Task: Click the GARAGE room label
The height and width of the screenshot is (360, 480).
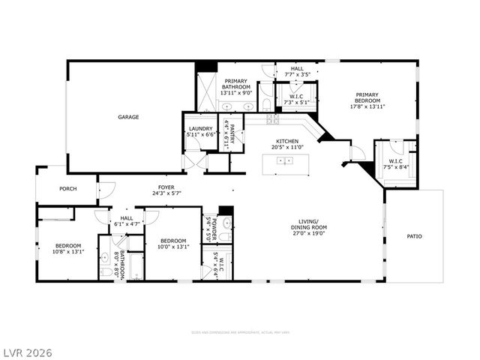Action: click(127, 117)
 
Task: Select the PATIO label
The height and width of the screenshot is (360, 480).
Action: click(414, 236)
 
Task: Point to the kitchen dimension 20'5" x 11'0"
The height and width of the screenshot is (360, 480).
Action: click(288, 148)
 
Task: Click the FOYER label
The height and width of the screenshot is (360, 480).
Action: click(166, 187)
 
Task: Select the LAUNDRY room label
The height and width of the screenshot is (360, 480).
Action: click(200, 128)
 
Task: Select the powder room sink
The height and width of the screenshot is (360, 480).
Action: click(227, 223)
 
